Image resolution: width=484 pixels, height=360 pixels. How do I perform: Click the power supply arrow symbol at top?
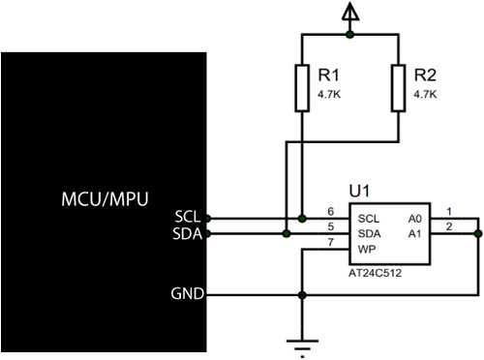point(349,13)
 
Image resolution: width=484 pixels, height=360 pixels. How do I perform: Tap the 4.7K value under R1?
point(331,95)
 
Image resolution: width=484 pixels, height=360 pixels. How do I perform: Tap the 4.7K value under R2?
point(425,95)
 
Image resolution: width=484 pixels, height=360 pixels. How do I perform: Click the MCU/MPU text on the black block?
point(104,199)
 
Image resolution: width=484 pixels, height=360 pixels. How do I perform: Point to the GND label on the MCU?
point(188,293)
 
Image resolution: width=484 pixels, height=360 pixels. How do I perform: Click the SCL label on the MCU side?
point(189,216)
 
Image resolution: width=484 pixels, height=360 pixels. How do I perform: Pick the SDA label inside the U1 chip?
point(369,233)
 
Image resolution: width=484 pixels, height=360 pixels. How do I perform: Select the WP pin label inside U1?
point(367,250)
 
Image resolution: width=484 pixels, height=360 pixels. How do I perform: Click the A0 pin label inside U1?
point(415,218)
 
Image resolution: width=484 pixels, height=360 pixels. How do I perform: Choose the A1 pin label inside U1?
point(415,233)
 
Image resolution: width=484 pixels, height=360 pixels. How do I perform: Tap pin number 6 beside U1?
point(330,211)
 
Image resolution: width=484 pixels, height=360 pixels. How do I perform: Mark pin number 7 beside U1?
point(330,242)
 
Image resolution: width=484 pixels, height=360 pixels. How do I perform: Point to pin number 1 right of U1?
point(448,211)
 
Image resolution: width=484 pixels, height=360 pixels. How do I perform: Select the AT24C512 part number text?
point(373,274)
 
